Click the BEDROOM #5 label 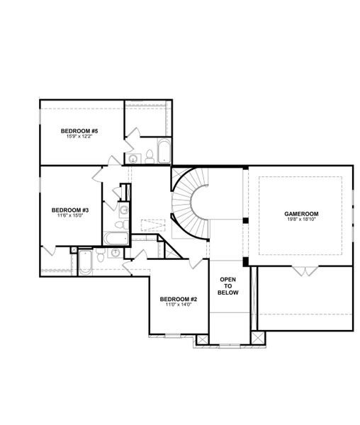[79, 131]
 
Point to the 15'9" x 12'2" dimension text [79, 136]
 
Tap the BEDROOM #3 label [70, 210]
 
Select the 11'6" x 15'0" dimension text [70, 215]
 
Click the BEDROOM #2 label [179, 299]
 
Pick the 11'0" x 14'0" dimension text [179, 305]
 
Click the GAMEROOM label [301, 214]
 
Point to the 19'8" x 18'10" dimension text [301, 219]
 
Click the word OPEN [227, 280]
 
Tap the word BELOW [228, 293]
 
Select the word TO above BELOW [228, 286]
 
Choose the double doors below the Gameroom [305, 271]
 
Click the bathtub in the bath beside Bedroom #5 [164, 151]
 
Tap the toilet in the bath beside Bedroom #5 [150, 157]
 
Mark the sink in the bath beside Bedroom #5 [133, 159]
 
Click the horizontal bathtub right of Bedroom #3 [116, 238]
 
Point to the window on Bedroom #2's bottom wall [173, 336]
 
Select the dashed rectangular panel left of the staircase [153, 225]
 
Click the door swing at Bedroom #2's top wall [196, 263]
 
